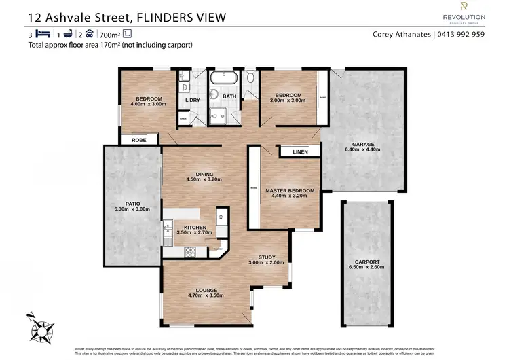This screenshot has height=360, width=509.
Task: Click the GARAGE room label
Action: [362, 144]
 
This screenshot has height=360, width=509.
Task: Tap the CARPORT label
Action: [367, 262]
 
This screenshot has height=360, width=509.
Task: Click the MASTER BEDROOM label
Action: [290, 191]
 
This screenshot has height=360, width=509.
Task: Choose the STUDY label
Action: [261, 257]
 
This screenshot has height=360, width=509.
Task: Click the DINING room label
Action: [205, 175]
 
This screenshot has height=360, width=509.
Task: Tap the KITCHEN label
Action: [195, 227]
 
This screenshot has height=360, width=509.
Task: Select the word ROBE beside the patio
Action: [139, 140]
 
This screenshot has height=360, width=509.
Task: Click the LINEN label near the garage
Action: [299, 152]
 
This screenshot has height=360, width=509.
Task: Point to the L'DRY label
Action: [193, 101]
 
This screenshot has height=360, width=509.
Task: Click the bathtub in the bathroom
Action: [223, 79]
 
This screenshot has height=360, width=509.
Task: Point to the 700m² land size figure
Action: [110, 34]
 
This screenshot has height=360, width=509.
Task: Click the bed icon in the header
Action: [42, 33]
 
